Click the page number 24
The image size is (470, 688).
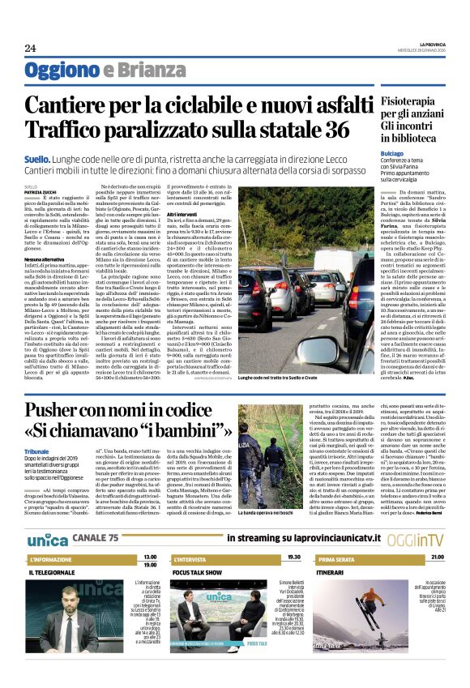(x=30, y=48)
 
